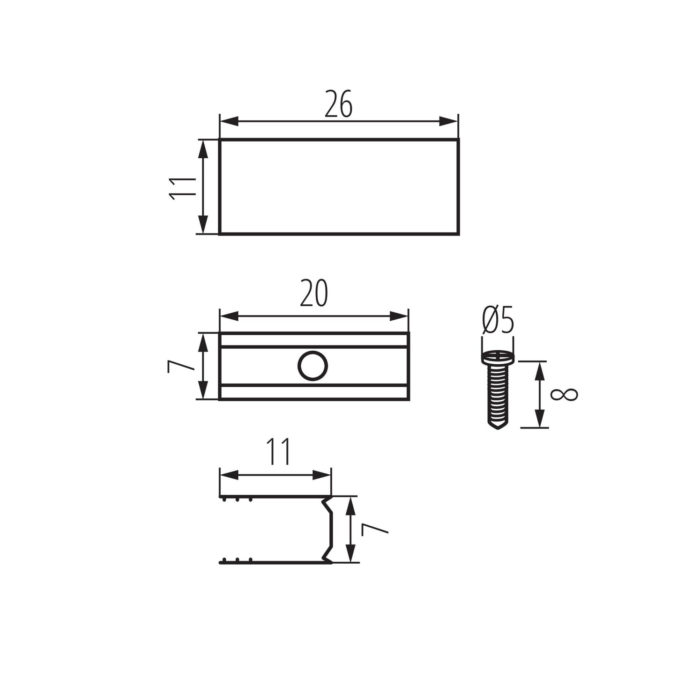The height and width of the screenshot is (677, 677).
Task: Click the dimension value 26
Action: click(x=338, y=103)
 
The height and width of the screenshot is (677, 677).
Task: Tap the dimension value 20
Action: click(x=314, y=293)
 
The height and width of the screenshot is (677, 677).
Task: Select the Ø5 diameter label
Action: click(x=498, y=320)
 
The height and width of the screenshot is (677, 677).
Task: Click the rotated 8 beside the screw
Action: click(x=564, y=395)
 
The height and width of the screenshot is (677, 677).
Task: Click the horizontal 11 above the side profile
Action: click(x=278, y=451)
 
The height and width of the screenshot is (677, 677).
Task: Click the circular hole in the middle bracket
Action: click(x=312, y=366)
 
